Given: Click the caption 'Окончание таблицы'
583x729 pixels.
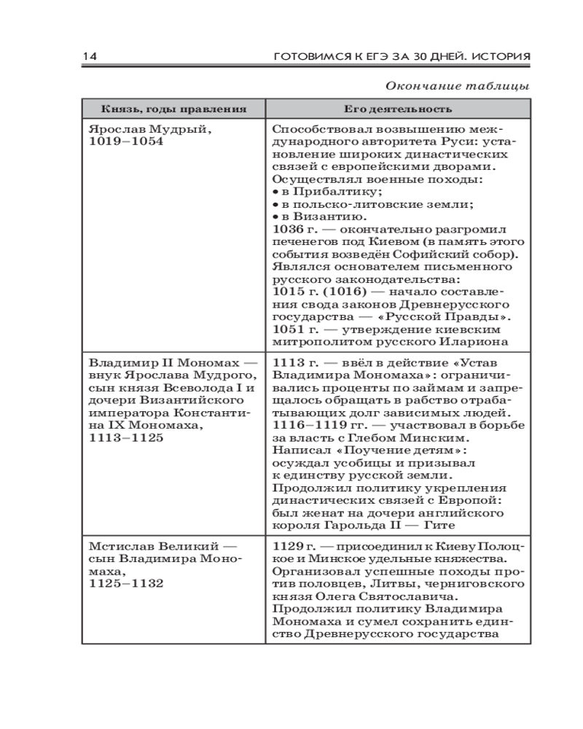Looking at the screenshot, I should [456, 85].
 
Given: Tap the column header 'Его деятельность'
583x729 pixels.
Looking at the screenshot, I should [398, 109].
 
